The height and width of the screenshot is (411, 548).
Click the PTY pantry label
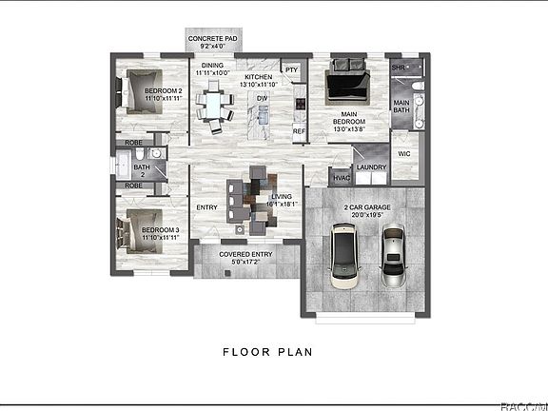pos(292,69)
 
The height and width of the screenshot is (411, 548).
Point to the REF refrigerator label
pos(298,130)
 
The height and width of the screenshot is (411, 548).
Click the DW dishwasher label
pos(260,97)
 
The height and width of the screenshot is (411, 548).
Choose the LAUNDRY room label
pos(371,168)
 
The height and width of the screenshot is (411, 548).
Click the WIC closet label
pos(403,153)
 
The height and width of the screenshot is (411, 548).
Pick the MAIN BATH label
pos(401,107)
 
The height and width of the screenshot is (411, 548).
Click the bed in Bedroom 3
pos(132,234)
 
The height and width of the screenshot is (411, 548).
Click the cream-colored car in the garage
pos(343,258)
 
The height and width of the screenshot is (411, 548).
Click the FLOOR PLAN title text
pos(267,351)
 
